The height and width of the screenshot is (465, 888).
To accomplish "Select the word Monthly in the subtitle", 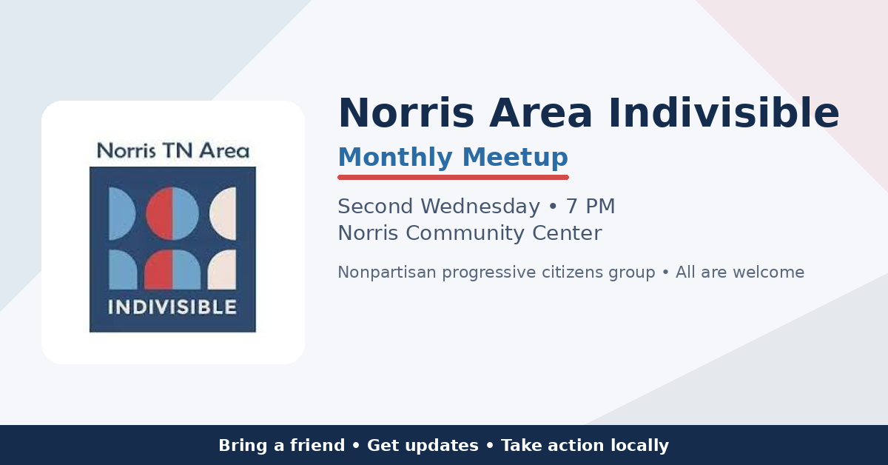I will (395, 158).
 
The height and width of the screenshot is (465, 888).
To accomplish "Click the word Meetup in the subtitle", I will (516, 158).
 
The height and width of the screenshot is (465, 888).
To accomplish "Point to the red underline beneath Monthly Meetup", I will (453, 178).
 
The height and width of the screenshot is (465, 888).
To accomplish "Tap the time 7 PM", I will (591, 207).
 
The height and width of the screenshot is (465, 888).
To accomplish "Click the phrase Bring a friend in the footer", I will (281, 446).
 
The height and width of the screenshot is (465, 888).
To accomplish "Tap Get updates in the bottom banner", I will (423, 446).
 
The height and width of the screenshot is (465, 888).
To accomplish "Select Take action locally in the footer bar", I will (585, 446).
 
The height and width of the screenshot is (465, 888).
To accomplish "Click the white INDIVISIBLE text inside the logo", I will (172, 307).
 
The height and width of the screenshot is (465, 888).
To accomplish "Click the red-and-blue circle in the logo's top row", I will (172, 213).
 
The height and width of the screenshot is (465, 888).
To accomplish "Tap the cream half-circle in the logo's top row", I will (224, 213).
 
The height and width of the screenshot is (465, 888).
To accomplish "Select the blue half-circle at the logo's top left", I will (121, 213).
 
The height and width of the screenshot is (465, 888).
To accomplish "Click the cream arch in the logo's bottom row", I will (223, 270).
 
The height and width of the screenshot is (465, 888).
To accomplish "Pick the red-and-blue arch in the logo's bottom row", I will (172, 270).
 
